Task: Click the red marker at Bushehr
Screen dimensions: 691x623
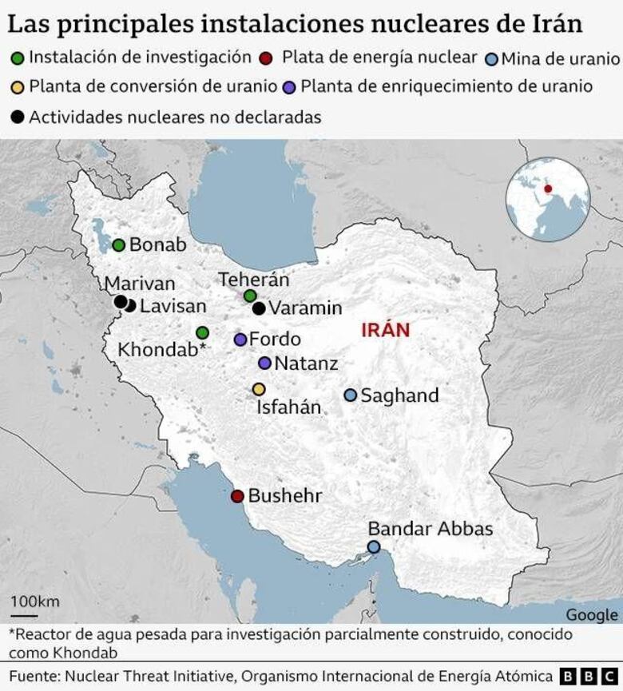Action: [237, 496]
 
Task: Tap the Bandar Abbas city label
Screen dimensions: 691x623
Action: [430, 529]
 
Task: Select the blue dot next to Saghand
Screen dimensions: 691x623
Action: [350, 395]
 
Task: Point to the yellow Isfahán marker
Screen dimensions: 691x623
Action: [259, 389]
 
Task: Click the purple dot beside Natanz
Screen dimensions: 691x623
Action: [264, 363]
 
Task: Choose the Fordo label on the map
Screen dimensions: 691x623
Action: [275, 339]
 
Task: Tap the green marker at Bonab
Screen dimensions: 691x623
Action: [119, 245]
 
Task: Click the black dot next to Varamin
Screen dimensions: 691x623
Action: [259, 308]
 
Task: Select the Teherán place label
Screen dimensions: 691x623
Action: [253, 280]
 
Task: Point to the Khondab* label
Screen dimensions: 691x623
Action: [162, 349]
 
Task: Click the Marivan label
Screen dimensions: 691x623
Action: [140, 284]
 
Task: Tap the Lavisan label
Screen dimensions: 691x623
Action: [173, 306]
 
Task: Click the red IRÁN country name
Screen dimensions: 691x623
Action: [385, 330]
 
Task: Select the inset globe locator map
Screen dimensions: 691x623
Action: [548, 199]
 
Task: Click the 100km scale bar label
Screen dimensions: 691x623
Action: [34, 601]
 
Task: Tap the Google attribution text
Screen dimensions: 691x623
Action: [591, 614]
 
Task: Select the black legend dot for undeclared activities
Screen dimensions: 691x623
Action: [17, 117]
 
